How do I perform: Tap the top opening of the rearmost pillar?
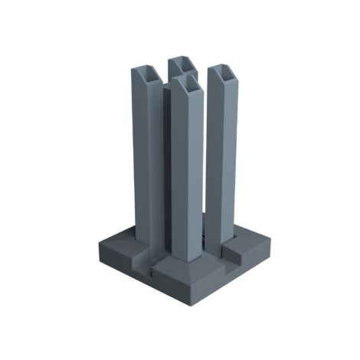tap(182, 63)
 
